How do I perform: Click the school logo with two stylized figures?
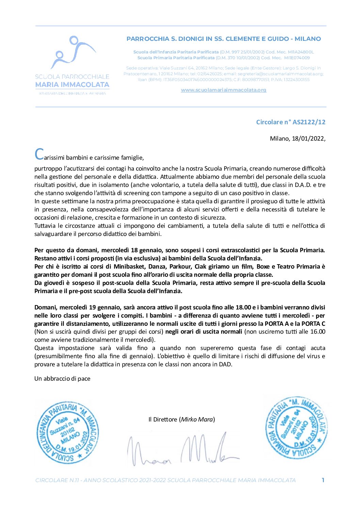click(x=73, y=52)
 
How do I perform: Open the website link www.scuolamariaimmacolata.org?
click(x=224, y=90)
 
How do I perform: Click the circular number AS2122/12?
click(x=304, y=122)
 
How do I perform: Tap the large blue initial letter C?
click(x=39, y=154)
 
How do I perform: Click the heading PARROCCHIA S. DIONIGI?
click(x=224, y=39)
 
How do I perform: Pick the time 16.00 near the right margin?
click(x=318, y=332)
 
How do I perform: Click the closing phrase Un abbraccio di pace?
click(x=62, y=379)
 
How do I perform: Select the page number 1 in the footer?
click(x=323, y=480)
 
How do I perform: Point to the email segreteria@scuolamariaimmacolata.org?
click(x=280, y=74)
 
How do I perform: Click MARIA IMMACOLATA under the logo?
click(x=72, y=84)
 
